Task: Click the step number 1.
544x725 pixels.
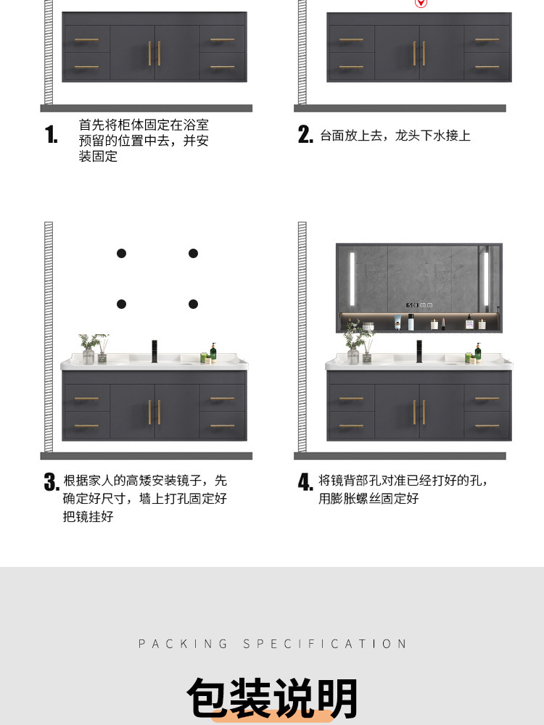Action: (51, 135)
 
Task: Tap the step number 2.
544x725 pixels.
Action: (305, 135)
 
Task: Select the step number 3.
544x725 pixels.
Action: (51, 482)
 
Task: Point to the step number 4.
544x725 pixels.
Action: (305, 482)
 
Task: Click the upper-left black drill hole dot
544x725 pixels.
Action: (122, 253)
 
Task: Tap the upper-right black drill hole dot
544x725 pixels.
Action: (193, 253)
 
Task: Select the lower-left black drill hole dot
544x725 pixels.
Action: (122, 304)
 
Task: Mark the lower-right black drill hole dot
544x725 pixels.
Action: (193, 304)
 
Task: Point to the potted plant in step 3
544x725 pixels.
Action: (90, 348)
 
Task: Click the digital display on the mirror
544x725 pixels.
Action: (412, 304)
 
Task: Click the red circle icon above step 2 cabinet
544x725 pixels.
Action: (419, 3)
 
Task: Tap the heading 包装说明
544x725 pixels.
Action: (272, 697)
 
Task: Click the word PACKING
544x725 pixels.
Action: (183, 644)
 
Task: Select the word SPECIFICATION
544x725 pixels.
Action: (324, 644)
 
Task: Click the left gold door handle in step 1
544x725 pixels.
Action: (150, 53)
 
